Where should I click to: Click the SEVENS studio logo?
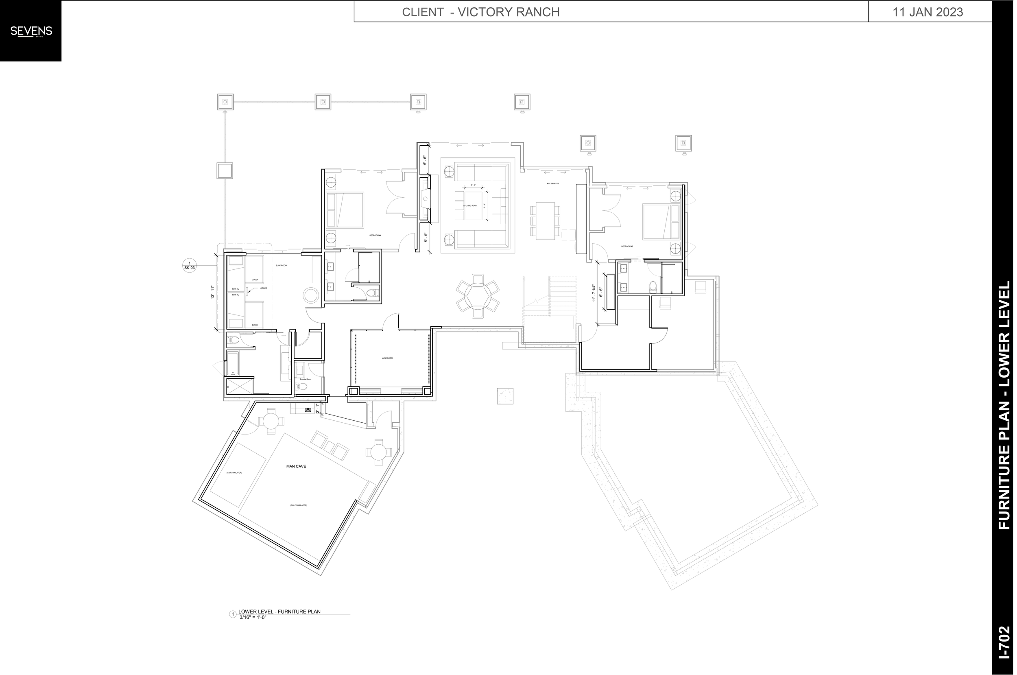[x=31, y=31]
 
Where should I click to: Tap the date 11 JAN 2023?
[x=928, y=12]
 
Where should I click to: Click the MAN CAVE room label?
[x=296, y=466]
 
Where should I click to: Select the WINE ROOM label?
[x=387, y=358]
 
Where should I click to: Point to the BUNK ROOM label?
[x=281, y=266]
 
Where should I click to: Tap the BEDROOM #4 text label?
[x=375, y=236]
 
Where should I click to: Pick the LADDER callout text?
[x=263, y=288]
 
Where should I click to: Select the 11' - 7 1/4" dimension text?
[x=594, y=293]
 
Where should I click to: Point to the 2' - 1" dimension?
[x=318, y=408]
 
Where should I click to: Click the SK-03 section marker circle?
[x=190, y=265]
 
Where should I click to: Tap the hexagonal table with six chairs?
[x=478, y=296]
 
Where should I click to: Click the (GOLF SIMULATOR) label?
[x=298, y=505]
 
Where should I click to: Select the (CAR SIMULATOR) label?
[x=234, y=473]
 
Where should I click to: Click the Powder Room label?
[x=306, y=379]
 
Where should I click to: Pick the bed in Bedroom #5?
[x=661, y=222]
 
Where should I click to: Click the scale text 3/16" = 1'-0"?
[x=253, y=617]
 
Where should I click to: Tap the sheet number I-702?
[x=1004, y=655]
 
